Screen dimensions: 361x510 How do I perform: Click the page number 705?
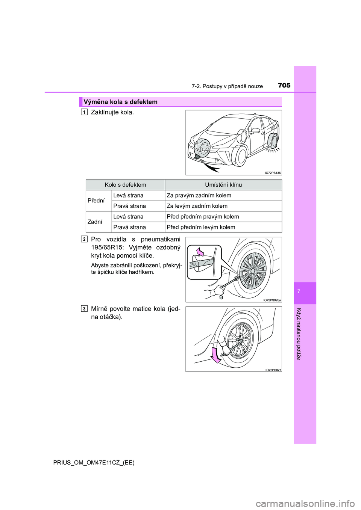click(284, 86)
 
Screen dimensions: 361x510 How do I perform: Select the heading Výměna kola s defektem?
click(121, 102)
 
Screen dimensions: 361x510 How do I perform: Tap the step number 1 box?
click(84, 112)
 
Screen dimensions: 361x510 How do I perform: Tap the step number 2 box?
click(84, 239)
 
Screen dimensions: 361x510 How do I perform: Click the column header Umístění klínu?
click(223, 185)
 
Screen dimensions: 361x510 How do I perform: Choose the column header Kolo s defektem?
click(125, 185)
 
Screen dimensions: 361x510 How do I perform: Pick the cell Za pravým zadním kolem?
click(199, 196)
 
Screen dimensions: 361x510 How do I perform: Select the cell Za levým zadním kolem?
click(197, 206)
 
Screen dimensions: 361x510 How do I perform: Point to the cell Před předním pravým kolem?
click(203, 217)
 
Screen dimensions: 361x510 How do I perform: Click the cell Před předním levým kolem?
click(201, 227)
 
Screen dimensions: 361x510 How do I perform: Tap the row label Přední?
click(96, 201)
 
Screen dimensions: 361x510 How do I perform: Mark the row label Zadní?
click(95, 222)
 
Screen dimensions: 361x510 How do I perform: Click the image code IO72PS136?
click(273, 173)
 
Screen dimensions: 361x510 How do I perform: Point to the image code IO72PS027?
click(273, 370)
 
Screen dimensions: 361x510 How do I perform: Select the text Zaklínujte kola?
click(112, 112)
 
